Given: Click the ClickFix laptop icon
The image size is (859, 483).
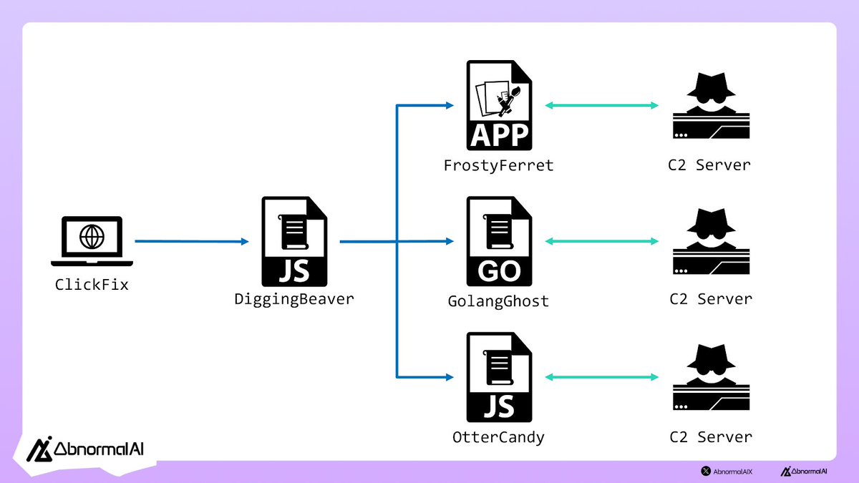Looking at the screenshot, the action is click(92, 240).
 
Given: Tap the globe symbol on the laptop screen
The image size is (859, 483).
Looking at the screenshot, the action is click(92, 237).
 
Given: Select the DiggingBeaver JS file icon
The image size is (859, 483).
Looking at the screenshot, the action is click(294, 242).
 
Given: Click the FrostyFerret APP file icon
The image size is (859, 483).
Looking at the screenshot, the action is click(499, 105).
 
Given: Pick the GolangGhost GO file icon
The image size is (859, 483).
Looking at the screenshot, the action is click(499, 242).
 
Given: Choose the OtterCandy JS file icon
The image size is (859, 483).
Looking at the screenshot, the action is click(499, 377).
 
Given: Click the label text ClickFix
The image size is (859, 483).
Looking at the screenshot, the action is click(92, 285).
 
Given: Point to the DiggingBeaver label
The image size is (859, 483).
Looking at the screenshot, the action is click(294, 299).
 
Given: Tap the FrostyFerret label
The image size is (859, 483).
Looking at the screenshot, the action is click(498, 165).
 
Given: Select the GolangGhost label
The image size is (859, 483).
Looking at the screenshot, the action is click(498, 301).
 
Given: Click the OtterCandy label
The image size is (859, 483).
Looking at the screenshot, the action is click(498, 437).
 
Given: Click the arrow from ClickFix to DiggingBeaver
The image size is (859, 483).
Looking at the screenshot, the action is click(192, 241).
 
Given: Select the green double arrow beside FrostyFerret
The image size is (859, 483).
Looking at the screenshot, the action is click(602, 105).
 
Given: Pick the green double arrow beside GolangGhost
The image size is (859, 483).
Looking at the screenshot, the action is click(602, 241).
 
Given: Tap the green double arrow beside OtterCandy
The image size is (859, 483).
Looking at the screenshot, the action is click(602, 377).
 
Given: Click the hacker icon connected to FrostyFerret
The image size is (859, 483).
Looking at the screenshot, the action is click(712, 105).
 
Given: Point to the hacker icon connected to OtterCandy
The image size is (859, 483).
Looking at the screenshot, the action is click(712, 377).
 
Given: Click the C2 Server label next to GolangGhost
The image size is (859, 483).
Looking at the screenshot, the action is click(711, 299).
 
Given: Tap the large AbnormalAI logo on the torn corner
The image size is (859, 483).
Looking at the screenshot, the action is click(84, 449).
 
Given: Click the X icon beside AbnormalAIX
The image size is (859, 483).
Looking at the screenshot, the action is click(706, 471).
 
